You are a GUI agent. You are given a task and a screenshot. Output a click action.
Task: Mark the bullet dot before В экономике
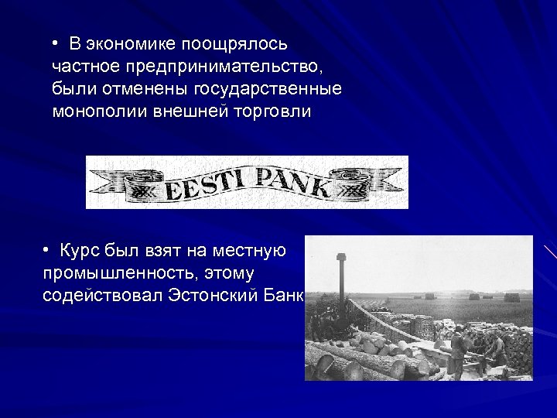coord(56,43)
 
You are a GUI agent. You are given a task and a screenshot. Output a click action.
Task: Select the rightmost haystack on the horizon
coord(511,296)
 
